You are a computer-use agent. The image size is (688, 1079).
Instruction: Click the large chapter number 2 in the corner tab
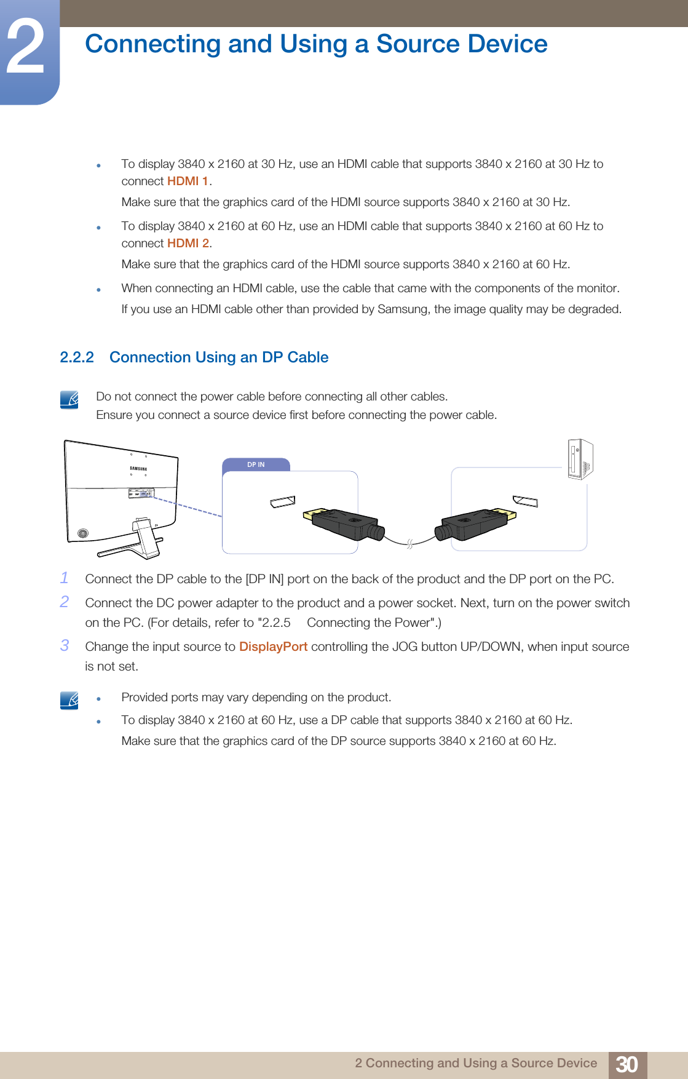26,48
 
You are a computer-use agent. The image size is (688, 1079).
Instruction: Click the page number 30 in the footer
627,1064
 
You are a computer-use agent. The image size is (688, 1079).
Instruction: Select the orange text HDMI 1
188,181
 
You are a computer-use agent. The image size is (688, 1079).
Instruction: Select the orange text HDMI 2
188,244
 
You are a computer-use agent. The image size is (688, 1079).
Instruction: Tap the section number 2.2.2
77,357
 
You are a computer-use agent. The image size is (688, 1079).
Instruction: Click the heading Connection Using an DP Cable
219,357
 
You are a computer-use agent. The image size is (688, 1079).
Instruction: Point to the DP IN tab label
256,464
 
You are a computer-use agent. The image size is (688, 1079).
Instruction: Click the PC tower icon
580,459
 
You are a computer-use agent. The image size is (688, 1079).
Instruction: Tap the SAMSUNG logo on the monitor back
138,469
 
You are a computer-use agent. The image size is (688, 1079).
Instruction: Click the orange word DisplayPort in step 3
273,647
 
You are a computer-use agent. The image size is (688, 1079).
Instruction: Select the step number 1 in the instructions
65,578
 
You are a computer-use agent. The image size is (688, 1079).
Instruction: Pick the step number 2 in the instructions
65,602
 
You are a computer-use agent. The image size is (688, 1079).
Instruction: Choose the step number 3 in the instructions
65,645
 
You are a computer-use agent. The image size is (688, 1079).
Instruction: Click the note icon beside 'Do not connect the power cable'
69,400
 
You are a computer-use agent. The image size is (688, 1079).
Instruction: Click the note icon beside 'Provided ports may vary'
69,700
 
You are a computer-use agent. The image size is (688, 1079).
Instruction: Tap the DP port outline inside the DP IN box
283,502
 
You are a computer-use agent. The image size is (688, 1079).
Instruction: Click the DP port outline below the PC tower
526,501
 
